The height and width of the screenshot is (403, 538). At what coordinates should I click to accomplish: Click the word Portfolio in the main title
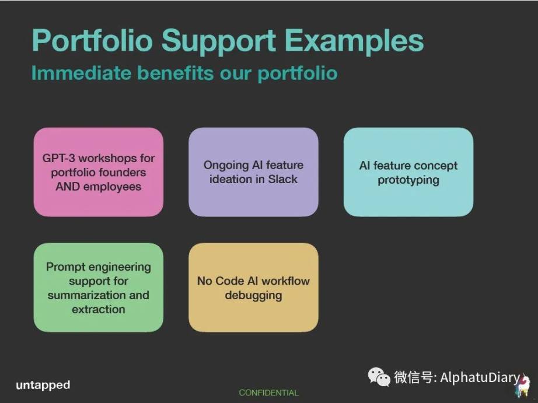[92, 40]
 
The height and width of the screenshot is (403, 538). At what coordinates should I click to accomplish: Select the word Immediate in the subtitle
[81, 73]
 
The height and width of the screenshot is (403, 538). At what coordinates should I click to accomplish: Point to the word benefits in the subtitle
[175, 73]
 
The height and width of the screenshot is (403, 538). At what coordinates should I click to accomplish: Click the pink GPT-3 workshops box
[99, 172]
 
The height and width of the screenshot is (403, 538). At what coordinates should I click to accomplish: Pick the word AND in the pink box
[68, 187]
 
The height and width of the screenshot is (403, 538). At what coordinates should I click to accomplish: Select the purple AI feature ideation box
[253, 172]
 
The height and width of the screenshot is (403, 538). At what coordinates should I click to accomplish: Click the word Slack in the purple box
[283, 179]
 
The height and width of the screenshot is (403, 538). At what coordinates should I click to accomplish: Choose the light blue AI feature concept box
[408, 172]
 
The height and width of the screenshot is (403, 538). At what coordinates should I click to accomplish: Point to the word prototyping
[408, 180]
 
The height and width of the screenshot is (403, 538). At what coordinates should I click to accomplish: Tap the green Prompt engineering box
[99, 288]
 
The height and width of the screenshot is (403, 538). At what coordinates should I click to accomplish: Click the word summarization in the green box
[86, 295]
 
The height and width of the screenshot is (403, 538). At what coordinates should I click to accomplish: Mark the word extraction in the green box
[99, 309]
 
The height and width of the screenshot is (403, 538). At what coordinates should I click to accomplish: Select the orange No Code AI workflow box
[253, 288]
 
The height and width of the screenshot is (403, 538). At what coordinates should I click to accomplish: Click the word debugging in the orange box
[254, 296]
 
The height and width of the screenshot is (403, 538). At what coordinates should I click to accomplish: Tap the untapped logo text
[43, 385]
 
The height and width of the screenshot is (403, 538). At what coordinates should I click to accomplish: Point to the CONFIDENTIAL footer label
[268, 393]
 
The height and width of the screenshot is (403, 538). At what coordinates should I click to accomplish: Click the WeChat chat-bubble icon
[379, 377]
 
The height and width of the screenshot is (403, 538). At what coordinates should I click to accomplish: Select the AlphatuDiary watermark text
[480, 377]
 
